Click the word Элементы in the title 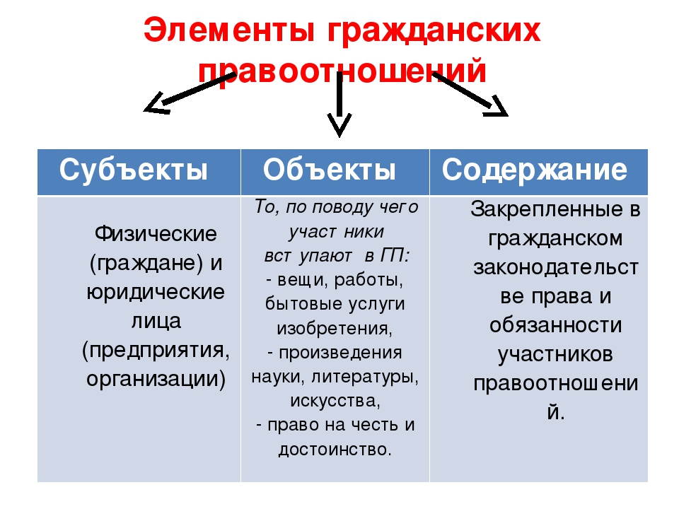click(229, 30)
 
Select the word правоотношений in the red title click(342, 71)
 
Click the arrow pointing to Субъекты click(190, 93)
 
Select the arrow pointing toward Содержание click(470, 95)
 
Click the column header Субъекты click(134, 170)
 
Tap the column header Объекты click(329, 170)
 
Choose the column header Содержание click(535, 170)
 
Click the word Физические click(156, 234)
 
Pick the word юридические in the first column click(156, 293)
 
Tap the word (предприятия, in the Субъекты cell click(156, 351)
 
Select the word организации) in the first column click(156, 379)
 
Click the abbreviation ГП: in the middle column click(395, 256)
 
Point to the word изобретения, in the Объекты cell click(335, 329)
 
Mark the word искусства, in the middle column click(335, 401)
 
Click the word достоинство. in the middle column click(335, 450)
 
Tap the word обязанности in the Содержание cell click(556, 325)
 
